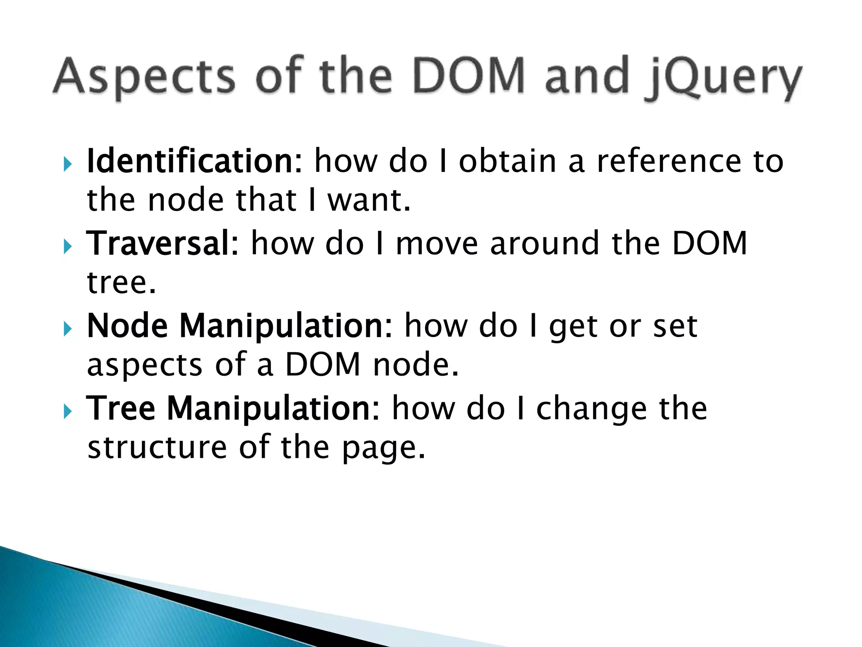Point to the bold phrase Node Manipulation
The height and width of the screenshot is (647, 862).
(x=239, y=326)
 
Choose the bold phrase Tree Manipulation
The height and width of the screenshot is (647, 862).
(x=233, y=408)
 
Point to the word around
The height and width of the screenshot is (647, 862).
(x=545, y=243)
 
